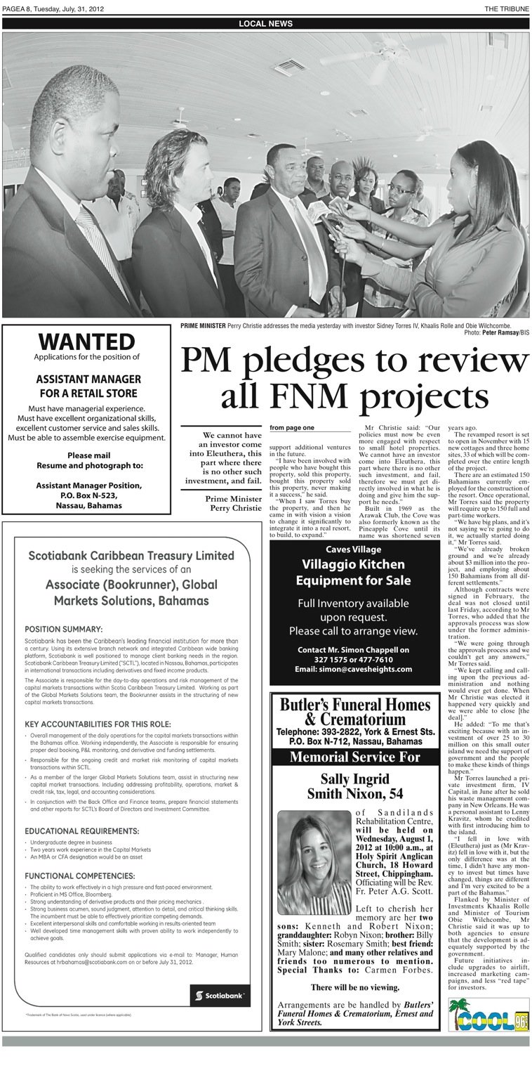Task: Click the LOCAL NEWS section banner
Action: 265,23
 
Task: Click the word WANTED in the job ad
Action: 86,342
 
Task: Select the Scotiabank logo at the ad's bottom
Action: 220,996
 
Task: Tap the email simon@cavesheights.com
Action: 353,669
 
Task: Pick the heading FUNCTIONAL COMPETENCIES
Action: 80,876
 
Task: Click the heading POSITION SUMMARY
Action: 64,629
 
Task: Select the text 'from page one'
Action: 291,427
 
